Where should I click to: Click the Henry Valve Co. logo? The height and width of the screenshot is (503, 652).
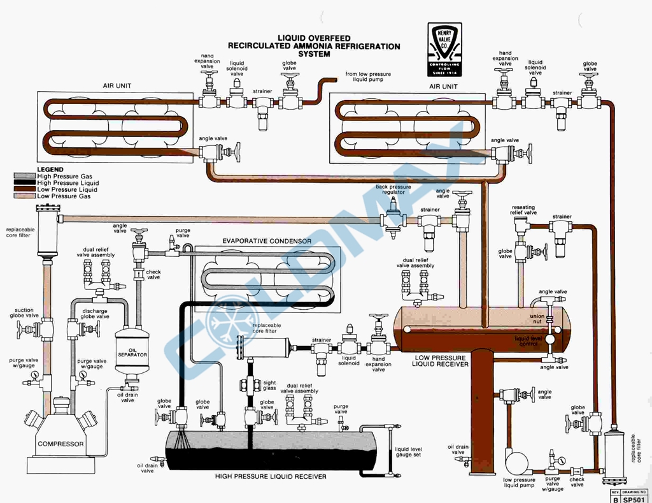point(444,50)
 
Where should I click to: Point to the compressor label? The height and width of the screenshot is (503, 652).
point(60,444)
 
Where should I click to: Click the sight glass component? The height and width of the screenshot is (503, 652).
point(250,385)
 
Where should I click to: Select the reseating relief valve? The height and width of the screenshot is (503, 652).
point(521,224)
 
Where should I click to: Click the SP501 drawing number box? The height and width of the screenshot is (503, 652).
point(635,499)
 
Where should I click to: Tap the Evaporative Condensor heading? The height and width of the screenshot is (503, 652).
point(267,241)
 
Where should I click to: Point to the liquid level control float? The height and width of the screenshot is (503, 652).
point(549,339)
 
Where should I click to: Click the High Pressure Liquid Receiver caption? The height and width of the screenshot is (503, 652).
point(270,476)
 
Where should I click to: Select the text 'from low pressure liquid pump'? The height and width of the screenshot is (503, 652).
point(368,78)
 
